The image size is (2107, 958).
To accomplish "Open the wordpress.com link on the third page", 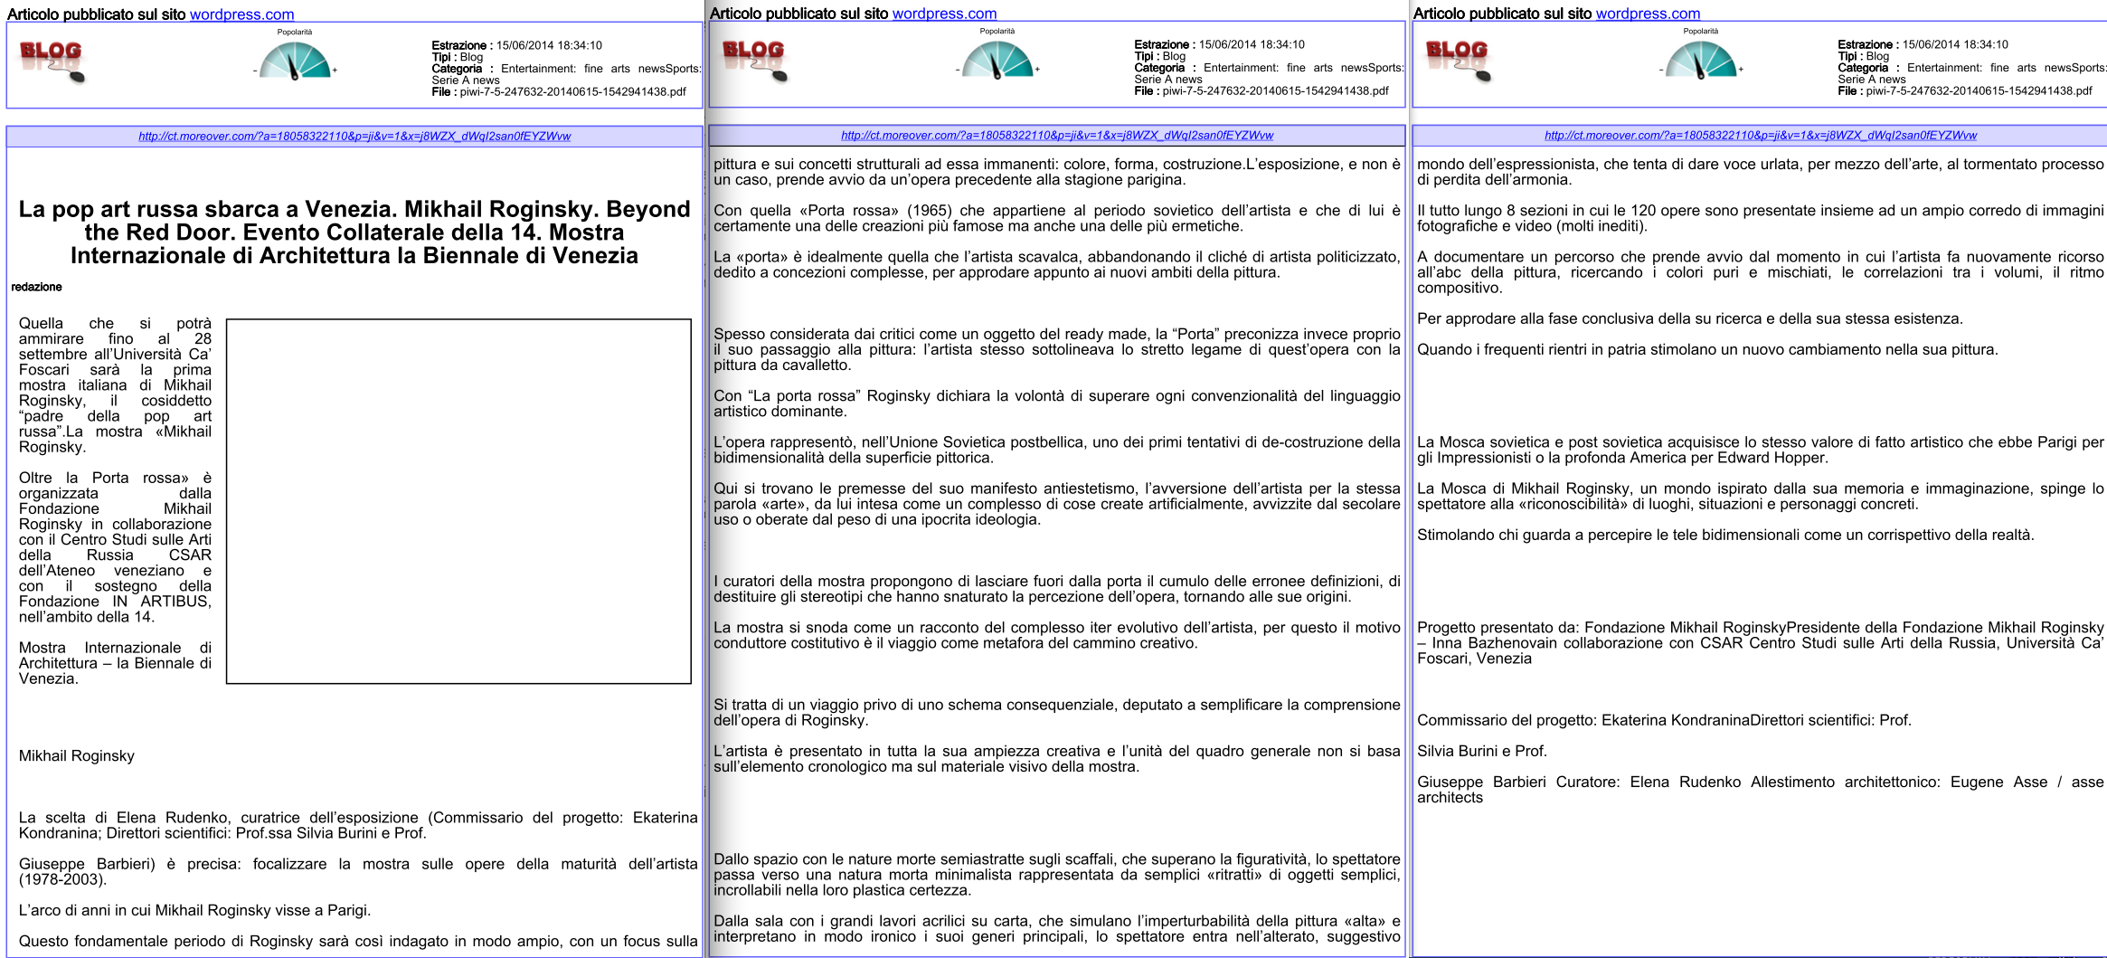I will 1648,14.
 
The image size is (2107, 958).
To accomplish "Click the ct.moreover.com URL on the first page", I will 354,137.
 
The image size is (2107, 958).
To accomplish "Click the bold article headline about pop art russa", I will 354,232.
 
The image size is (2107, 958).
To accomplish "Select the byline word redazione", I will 37,287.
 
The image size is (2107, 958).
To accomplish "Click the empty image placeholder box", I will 458,500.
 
